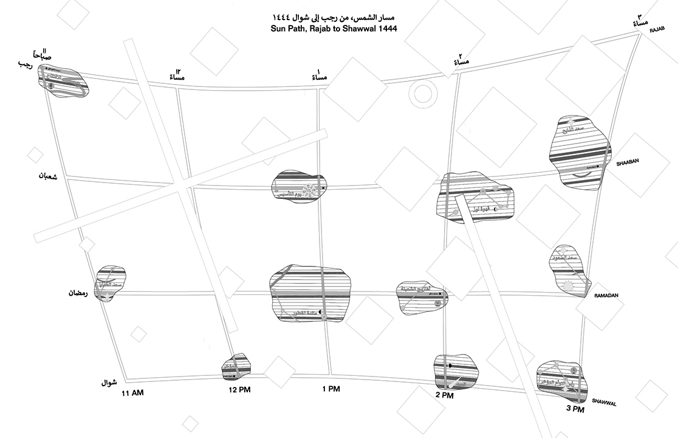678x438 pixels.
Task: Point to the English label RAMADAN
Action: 602,295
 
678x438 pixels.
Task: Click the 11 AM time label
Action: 132,394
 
